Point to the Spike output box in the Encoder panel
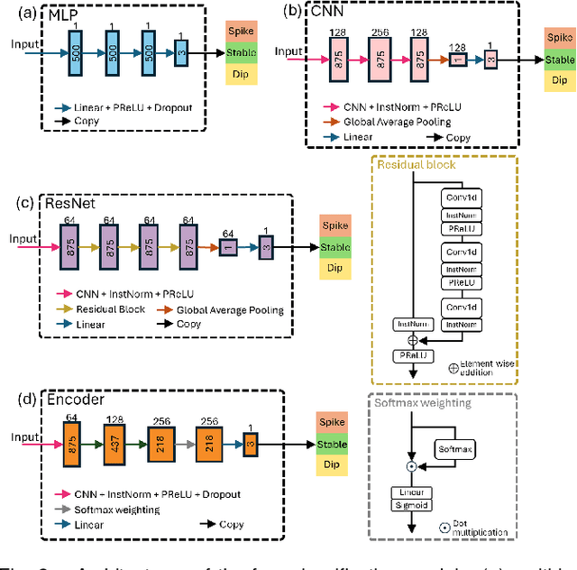pos(332,423)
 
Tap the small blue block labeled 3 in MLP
pos(180,52)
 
